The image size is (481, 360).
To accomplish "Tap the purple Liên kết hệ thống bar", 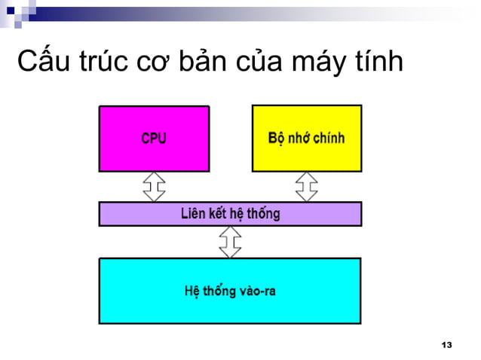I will point(230,214).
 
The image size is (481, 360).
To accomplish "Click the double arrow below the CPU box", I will point(155,187).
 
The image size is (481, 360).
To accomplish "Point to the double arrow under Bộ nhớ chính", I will point(306,187).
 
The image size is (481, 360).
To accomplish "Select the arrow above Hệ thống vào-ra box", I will point(230,242).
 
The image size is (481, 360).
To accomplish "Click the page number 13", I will point(446,345).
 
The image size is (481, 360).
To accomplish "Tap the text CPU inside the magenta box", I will point(154,139).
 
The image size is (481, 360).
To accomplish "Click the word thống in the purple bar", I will point(264,214).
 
